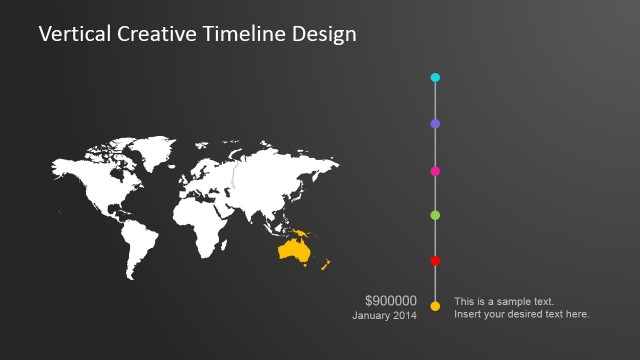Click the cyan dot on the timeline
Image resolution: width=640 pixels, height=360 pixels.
[435, 77]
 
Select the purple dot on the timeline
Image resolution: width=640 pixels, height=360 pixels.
[435, 124]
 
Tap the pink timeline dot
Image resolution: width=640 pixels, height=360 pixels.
[435, 171]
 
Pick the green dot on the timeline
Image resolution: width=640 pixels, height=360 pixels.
[435, 215]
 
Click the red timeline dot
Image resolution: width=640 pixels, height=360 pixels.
[435, 261]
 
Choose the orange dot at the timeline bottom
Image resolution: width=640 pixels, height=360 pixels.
[435, 306]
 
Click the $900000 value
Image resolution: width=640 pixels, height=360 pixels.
[391, 300]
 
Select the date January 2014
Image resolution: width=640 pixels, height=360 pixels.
[384, 316]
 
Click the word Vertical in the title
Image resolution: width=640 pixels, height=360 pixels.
[74, 35]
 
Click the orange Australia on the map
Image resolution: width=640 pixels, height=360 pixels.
[294, 251]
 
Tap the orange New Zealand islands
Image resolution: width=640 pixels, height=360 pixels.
[326, 265]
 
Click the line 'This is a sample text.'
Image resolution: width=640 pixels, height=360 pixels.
[504, 301]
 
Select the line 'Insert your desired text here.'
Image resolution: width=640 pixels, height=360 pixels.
[521, 315]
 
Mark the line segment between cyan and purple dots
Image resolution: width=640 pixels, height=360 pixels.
[435, 100]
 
